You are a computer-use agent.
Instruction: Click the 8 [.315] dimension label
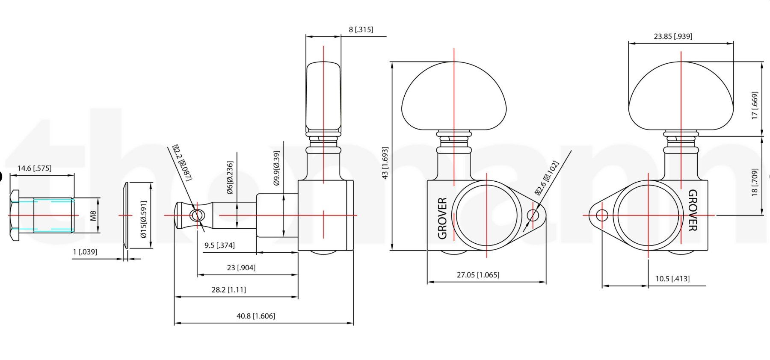pos(361,30)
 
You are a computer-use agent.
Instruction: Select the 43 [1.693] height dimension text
pos(385,163)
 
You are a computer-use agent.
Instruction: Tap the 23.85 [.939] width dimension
pos(672,36)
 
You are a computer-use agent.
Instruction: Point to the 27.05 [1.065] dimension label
pos(478,275)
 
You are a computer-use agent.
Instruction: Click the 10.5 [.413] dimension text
pos(672,279)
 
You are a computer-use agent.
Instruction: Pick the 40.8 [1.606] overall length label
pos(256,316)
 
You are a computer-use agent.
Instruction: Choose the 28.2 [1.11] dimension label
pos(228,290)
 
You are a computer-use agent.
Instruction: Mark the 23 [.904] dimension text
pos(241,268)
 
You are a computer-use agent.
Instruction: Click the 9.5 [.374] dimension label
pos(219,245)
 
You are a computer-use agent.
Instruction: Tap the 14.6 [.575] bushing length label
pos(34,168)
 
